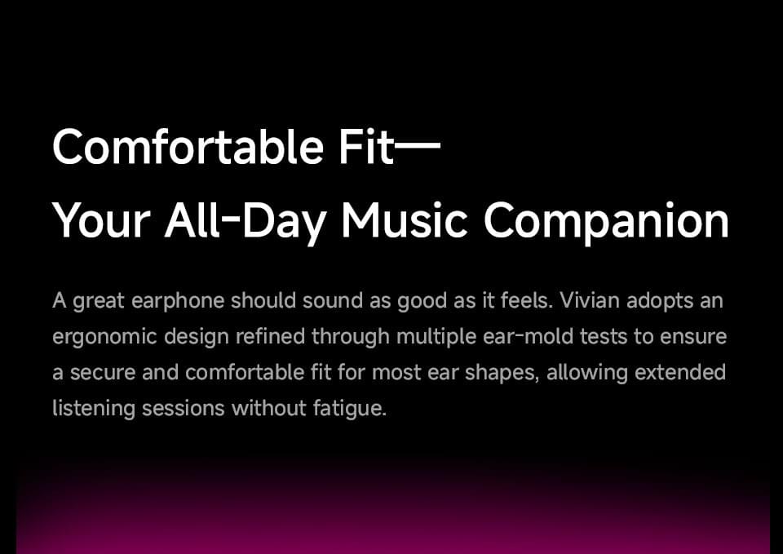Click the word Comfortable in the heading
(x=187, y=148)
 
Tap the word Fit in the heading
(x=366, y=148)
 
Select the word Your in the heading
(x=101, y=221)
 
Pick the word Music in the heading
(x=405, y=221)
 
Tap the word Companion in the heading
(x=606, y=221)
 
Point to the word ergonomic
(x=104, y=338)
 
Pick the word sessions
(x=184, y=408)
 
